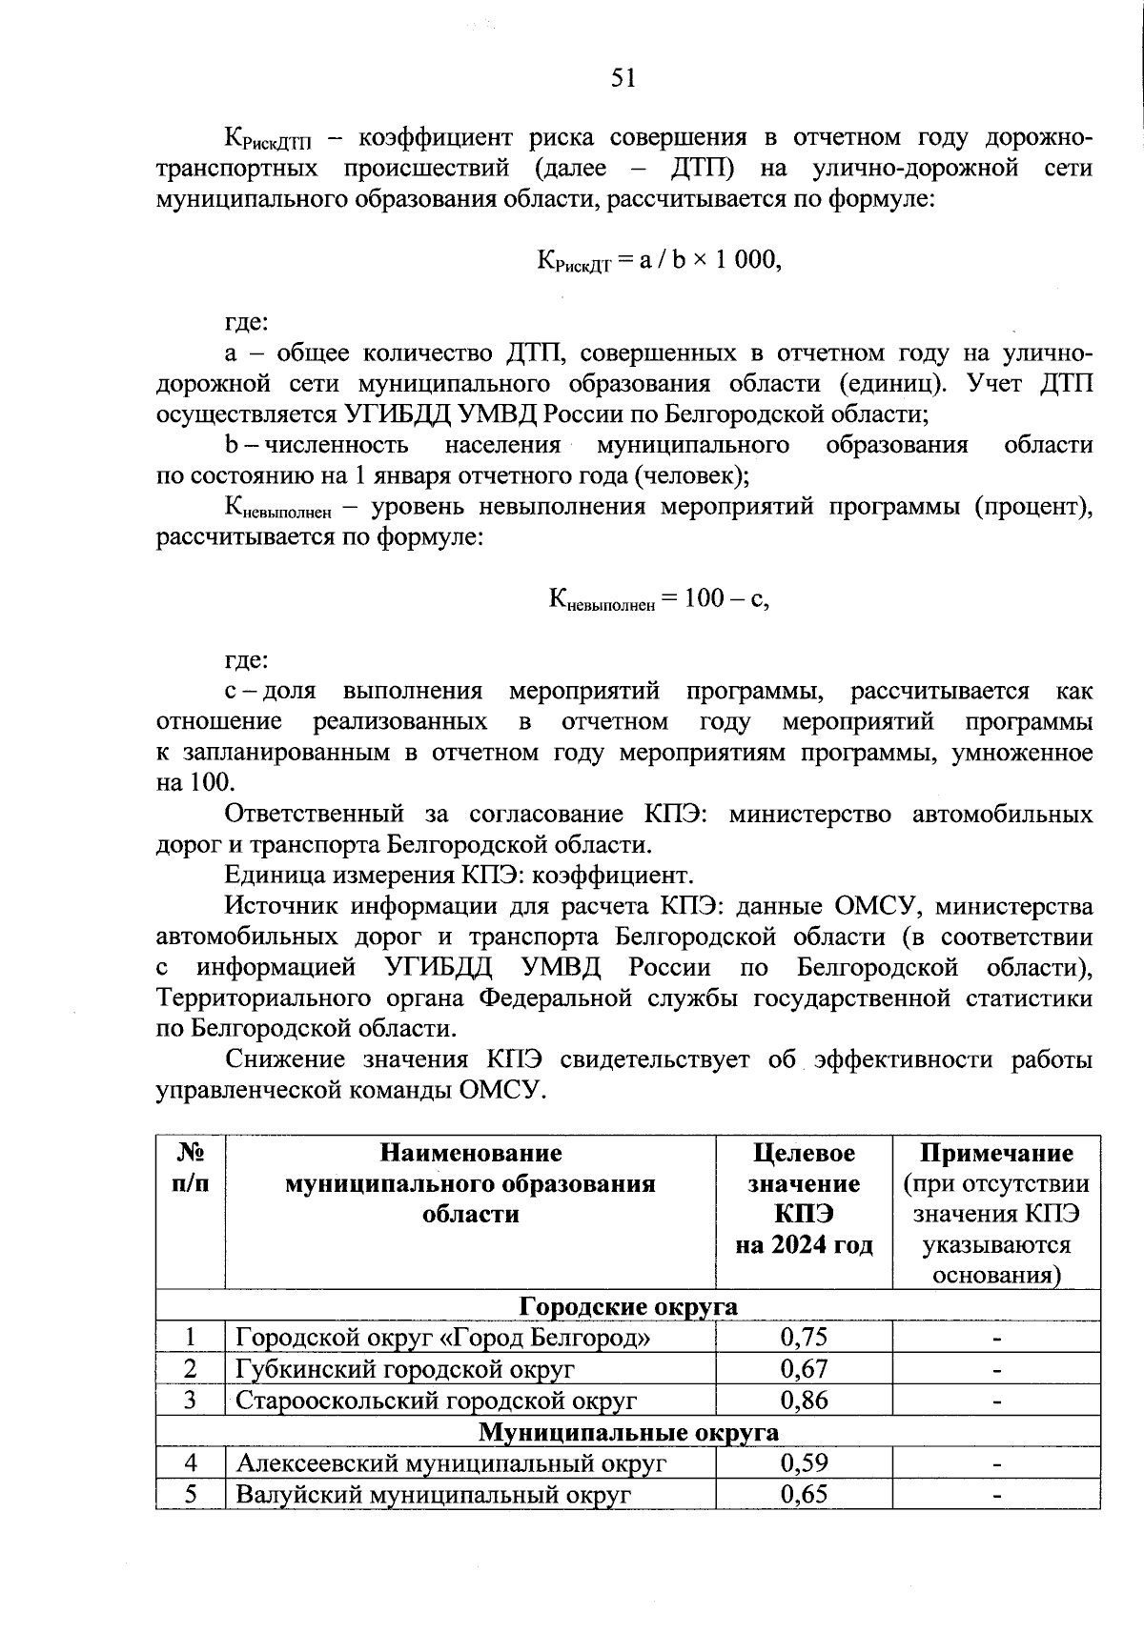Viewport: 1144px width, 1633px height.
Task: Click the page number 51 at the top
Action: [x=623, y=78]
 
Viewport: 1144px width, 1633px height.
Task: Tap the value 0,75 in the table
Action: [x=804, y=1338]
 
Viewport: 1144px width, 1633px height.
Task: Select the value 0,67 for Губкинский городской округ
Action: [x=804, y=1369]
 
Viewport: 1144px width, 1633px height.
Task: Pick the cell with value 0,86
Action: [x=804, y=1401]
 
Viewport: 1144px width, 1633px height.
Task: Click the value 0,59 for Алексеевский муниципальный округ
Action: [x=804, y=1462]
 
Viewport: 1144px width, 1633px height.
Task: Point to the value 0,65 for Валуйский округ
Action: [x=804, y=1494]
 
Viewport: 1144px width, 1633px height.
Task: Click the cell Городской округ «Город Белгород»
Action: [x=443, y=1338]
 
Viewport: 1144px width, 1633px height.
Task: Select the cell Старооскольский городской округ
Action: [x=436, y=1401]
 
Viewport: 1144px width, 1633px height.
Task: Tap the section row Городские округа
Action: [x=628, y=1306]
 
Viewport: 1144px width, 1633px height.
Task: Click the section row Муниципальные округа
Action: [x=628, y=1432]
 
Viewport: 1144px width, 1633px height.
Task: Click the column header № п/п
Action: [x=191, y=1168]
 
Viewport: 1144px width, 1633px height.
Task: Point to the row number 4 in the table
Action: [x=191, y=1462]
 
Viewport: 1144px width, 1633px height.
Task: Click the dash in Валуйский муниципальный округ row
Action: [x=996, y=1496]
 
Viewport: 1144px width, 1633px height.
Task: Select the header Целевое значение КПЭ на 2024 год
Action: [x=804, y=1199]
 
